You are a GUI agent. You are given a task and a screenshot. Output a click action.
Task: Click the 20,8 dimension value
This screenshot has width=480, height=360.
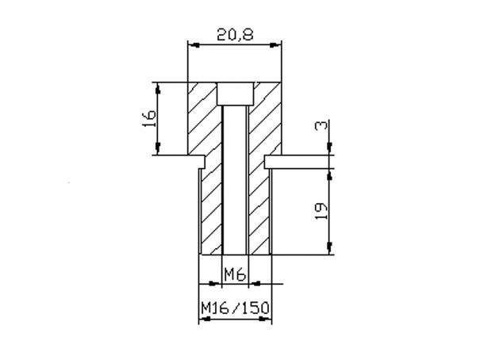(235, 35)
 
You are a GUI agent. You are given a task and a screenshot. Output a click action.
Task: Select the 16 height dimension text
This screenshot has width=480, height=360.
(149, 118)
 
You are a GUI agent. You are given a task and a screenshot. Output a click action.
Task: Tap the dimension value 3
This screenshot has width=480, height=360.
(321, 125)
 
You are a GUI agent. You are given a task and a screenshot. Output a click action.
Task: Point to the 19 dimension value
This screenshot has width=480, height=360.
(321, 210)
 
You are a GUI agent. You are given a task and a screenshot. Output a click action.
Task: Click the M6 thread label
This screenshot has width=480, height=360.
(235, 274)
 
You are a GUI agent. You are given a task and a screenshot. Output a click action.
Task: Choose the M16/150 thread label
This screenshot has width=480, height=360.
(235, 308)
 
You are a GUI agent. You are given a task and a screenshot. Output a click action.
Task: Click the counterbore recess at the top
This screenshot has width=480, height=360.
(235, 94)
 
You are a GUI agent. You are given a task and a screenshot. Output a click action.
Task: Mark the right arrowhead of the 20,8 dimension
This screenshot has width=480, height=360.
(275, 45)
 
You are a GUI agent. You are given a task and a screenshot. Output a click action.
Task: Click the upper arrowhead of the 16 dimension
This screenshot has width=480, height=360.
(158, 88)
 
